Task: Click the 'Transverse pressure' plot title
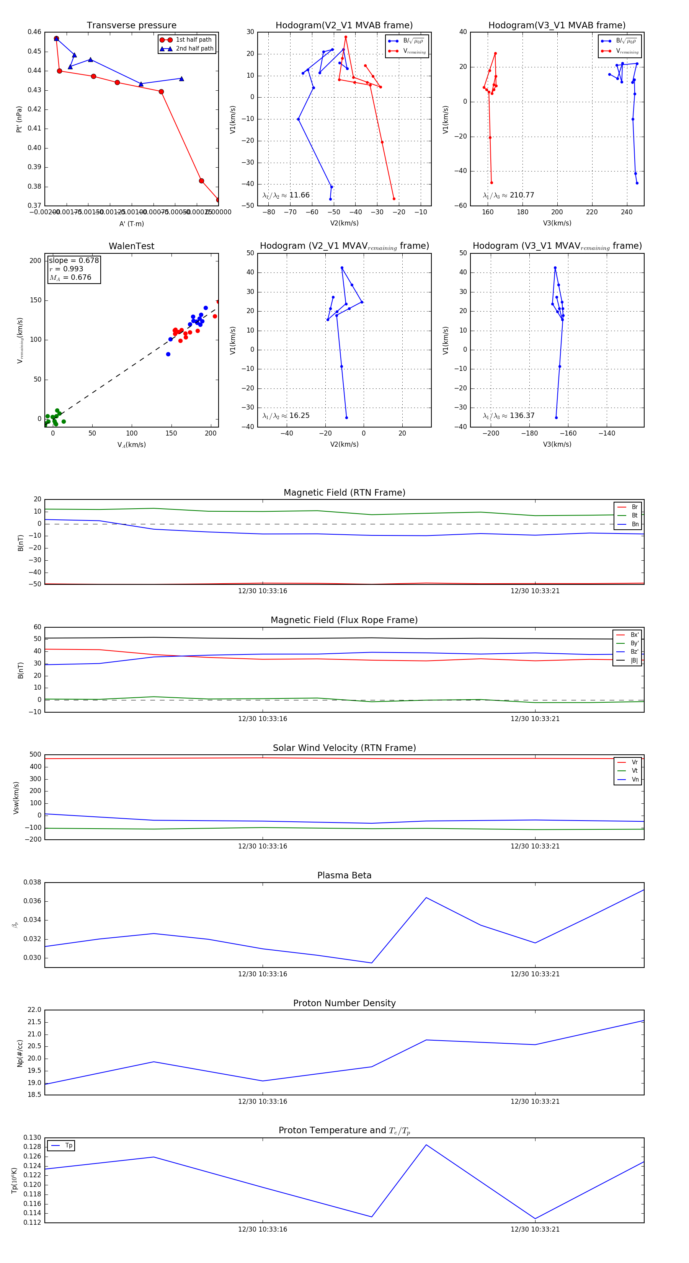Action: [131, 26]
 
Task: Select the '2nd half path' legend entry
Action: [194, 49]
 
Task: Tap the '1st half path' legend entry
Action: [193, 40]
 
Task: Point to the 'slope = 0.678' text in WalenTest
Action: [73, 260]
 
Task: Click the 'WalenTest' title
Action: [131, 246]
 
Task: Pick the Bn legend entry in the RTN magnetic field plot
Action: [635, 524]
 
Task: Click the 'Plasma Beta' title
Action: [344, 875]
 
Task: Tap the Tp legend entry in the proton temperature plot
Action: [68, 1146]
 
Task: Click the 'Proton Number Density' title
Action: [344, 1003]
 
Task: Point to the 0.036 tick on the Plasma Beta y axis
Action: [33, 901]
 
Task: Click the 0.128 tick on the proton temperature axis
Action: [33, 1147]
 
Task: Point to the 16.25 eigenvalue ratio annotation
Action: [299, 416]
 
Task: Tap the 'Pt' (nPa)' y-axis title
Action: [19, 119]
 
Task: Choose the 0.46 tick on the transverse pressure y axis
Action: [34, 32]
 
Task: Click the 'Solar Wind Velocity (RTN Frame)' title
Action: [344, 748]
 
